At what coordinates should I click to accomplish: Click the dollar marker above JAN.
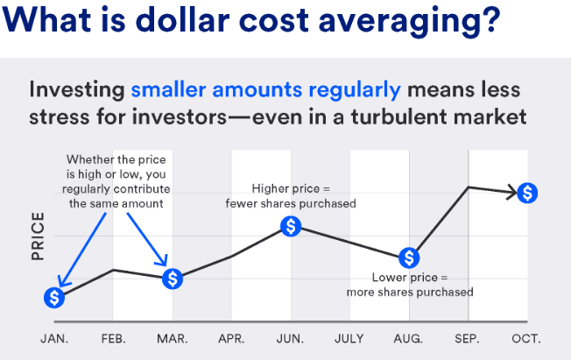click(54, 298)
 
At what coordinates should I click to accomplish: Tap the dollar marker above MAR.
click(173, 279)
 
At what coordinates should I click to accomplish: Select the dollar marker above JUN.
click(292, 226)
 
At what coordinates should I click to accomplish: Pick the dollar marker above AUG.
click(409, 258)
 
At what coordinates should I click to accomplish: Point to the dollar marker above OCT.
click(526, 193)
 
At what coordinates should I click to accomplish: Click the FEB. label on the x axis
click(114, 338)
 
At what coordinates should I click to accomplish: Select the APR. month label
click(231, 338)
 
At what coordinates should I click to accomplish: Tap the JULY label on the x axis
click(349, 338)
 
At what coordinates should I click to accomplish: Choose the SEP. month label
click(468, 338)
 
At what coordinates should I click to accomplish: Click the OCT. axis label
click(526, 338)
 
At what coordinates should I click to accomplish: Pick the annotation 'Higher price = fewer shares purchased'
click(292, 196)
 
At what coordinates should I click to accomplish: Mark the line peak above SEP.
click(469, 187)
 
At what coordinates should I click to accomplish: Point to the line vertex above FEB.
click(114, 270)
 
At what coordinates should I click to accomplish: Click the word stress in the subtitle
click(64, 116)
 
